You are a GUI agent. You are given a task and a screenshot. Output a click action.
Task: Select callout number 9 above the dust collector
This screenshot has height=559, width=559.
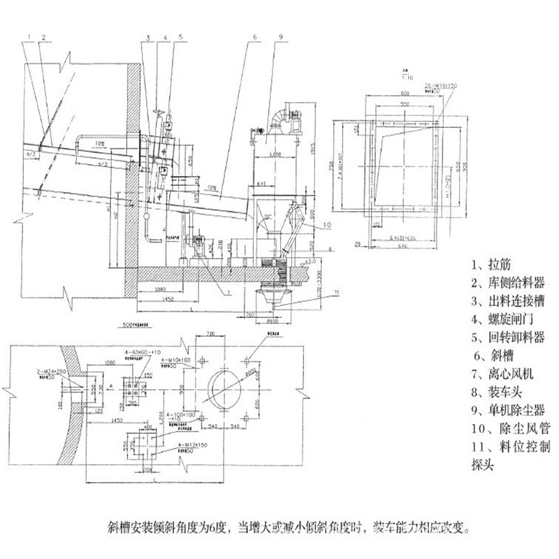click(x=279, y=34)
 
